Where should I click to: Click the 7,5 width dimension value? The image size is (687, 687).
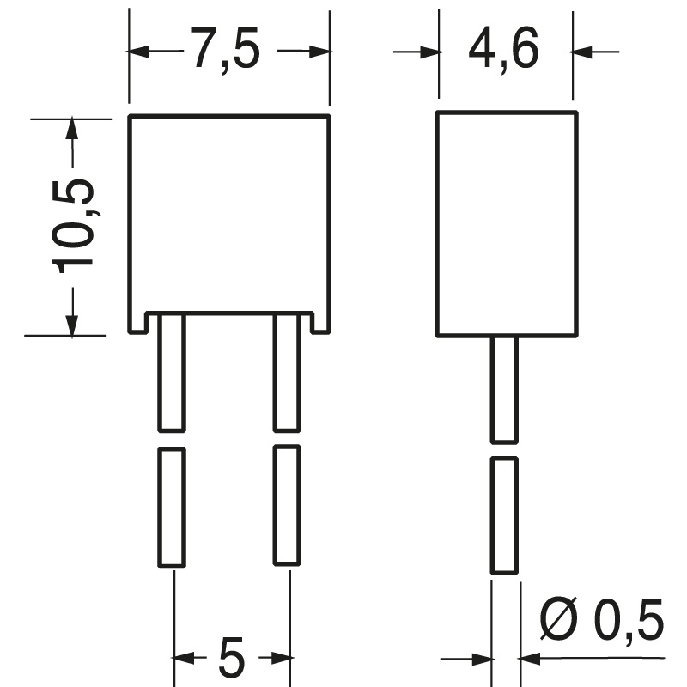click(226, 49)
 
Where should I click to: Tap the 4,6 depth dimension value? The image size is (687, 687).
click(503, 49)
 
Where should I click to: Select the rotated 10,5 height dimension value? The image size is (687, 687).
click(73, 226)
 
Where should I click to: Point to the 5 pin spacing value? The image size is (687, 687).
click(231, 657)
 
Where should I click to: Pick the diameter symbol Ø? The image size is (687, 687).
click(559, 617)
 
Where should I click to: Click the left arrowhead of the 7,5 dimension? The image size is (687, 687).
click(138, 52)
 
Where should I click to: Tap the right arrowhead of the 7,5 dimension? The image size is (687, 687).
click(319, 52)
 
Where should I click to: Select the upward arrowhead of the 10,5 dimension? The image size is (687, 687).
click(72, 129)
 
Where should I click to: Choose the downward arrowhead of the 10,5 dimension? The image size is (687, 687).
click(72, 325)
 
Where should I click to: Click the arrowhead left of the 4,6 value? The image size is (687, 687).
click(429, 52)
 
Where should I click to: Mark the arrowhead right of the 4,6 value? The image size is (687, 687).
click(582, 52)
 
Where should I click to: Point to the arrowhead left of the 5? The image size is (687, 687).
click(184, 657)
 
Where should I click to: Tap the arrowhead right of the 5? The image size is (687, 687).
click(281, 657)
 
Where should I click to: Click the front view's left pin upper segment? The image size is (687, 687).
click(172, 373)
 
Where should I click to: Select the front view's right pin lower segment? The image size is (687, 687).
click(287, 505)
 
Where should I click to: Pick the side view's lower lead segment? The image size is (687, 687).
click(504, 515)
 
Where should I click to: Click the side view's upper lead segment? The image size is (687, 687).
click(504, 390)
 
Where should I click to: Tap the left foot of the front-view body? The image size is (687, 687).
click(137, 324)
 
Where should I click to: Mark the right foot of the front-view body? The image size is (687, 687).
click(320, 324)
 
